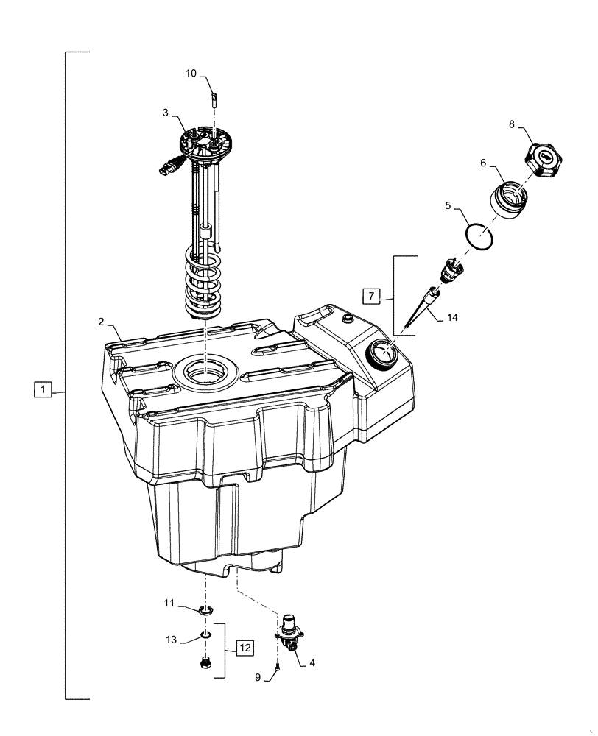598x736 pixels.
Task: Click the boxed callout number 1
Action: point(43,389)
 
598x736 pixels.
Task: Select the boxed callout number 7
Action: point(372,296)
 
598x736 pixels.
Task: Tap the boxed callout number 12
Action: point(245,648)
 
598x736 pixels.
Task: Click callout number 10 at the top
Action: point(191,74)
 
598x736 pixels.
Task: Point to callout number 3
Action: point(166,113)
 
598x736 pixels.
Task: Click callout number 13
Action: point(172,640)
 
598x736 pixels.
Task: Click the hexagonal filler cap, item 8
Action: point(546,158)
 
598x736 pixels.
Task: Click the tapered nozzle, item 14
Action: point(421,311)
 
